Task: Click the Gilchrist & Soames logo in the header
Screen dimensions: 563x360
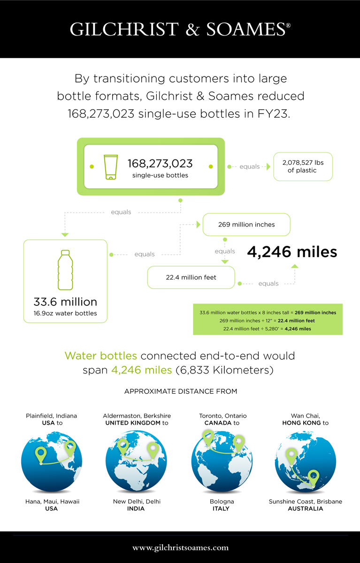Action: tap(180, 29)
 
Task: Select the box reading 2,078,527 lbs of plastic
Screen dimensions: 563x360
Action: tap(303, 167)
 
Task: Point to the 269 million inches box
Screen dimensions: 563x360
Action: tap(246, 224)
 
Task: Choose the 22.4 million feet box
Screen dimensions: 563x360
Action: tap(191, 277)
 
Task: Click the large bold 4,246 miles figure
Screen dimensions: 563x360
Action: tap(292, 251)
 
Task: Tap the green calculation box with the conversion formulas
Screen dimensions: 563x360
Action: tap(268, 320)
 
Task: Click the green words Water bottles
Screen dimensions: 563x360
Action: tap(101, 356)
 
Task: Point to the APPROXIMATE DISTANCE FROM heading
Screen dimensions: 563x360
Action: tap(181, 391)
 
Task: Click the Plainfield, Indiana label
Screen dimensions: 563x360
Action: tap(52, 416)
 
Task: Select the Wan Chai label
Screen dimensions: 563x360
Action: tap(305, 416)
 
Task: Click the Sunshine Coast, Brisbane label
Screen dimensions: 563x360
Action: tap(305, 502)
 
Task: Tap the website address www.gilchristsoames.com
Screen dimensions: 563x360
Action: tap(180, 548)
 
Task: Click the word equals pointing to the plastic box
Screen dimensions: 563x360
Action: tap(250, 167)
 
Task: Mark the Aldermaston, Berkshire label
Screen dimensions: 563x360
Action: tap(137, 416)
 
